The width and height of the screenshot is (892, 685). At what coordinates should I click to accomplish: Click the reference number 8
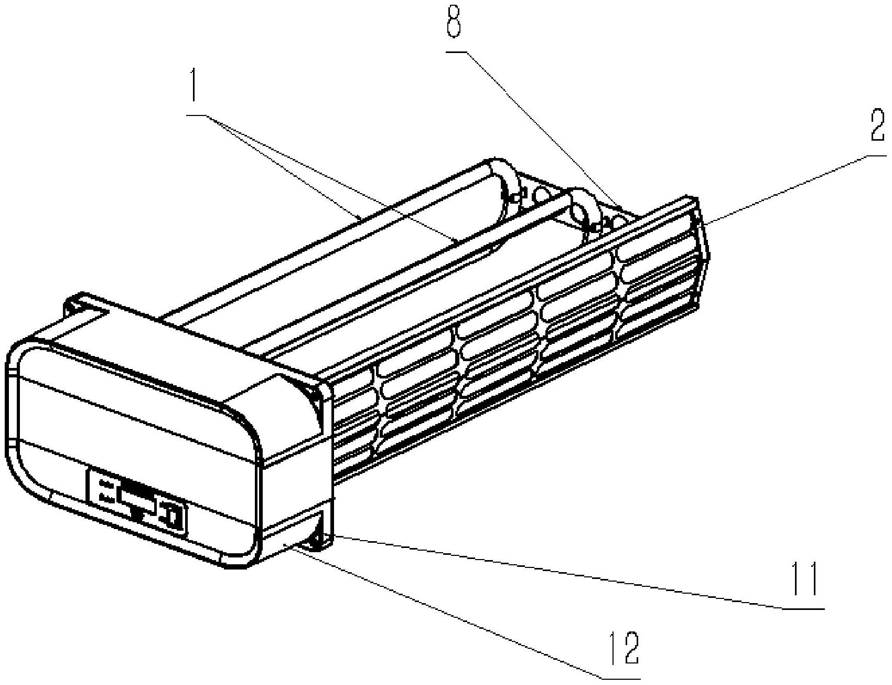(454, 20)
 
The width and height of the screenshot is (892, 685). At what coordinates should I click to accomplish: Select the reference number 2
(877, 125)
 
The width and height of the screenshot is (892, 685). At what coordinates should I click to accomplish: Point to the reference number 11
(805, 579)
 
